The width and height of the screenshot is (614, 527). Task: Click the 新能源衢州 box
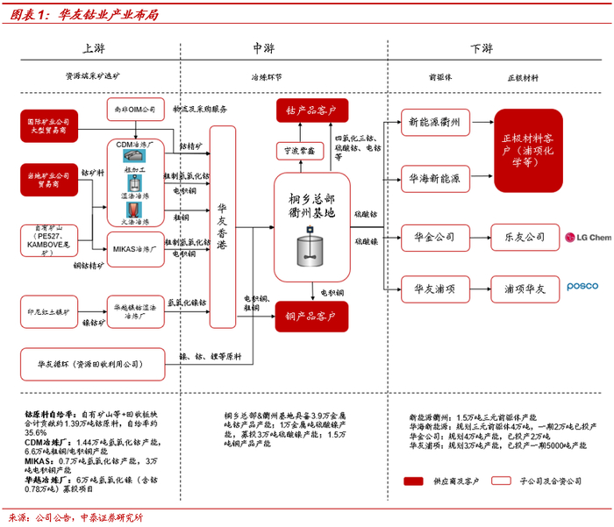click(x=435, y=121)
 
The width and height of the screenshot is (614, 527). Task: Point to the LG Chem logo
click(x=587, y=237)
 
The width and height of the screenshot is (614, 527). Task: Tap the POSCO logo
click(x=582, y=287)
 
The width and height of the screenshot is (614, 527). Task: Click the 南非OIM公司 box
click(x=135, y=110)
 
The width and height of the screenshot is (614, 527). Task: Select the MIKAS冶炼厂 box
click(x=136, y=249)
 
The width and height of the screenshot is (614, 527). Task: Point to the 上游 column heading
click(x=94, y=48)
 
